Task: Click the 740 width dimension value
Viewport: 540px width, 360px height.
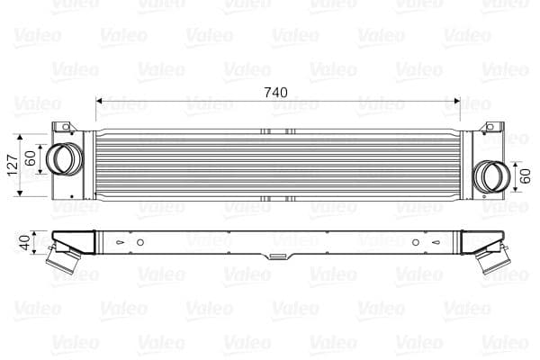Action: [x=276, y=92]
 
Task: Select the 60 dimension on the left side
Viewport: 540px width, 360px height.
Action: [x=31, y=159]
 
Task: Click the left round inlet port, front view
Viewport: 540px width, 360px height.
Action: [x=63, y=159]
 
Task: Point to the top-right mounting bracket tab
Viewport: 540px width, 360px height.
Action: [x=491, y=129]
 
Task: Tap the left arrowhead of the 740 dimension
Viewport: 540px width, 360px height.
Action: [x=100, y=102]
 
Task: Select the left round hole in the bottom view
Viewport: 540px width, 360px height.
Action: [x=140, y=241]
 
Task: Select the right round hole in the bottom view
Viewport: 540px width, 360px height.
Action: [x=415, y=241]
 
